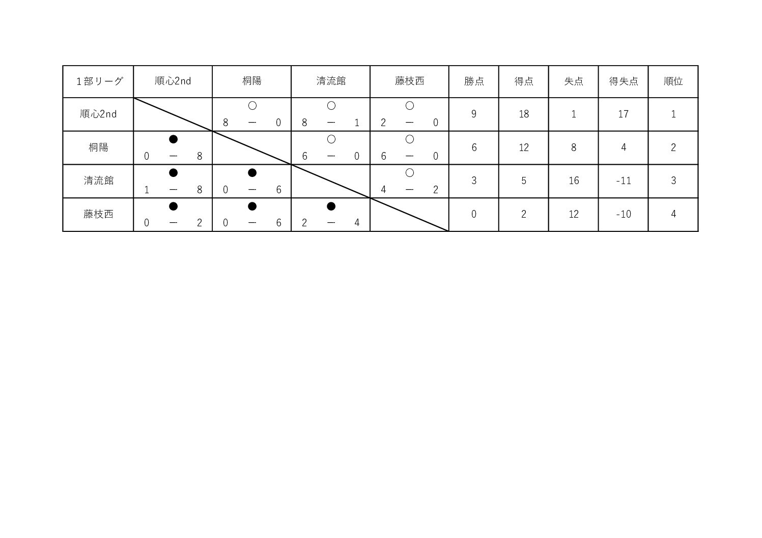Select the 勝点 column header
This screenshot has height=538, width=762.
474,81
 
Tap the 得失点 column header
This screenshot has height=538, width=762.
623,81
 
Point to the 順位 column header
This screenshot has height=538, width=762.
673,81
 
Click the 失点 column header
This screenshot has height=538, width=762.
574,81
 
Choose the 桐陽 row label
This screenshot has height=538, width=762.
98,147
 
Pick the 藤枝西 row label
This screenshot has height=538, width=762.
98,214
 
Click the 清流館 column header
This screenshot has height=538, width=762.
331,81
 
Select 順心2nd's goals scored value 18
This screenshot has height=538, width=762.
524,114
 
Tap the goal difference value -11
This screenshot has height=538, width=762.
624,181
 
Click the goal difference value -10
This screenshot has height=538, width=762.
624,214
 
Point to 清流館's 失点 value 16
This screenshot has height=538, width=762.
574,181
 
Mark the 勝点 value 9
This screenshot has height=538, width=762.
474,114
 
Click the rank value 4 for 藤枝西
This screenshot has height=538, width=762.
673,214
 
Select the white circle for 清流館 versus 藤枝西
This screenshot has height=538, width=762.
410,173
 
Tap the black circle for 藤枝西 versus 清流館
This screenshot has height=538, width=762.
331,206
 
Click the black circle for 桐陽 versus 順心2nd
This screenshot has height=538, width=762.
173,139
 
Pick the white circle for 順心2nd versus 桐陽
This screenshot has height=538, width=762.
252,106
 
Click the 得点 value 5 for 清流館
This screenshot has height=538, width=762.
524,181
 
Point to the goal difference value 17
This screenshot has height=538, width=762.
623,114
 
